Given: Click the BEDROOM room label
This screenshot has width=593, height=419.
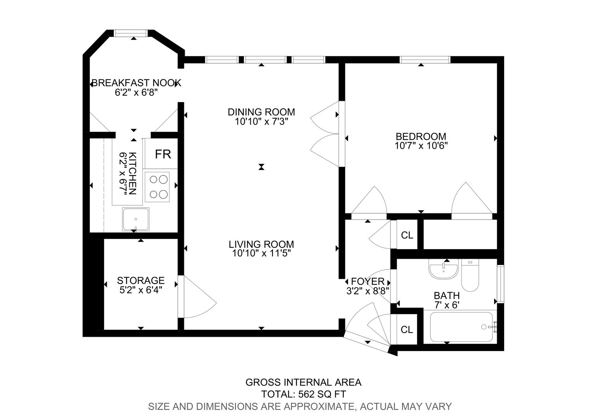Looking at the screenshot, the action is (421, 137).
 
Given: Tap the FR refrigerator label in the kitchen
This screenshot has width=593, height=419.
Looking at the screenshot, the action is (163, 154).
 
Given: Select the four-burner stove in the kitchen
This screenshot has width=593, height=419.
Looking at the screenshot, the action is (157, 187).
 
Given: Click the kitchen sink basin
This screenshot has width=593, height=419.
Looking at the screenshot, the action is (135, 219).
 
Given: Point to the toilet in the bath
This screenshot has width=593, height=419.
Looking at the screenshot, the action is (470, 275).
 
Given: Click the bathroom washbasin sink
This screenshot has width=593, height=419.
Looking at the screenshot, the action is (444, 268).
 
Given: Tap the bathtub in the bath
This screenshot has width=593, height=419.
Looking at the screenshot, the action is (461, 327).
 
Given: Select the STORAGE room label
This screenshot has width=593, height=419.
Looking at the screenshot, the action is (141, 280).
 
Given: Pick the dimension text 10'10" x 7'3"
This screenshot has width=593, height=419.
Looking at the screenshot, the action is (261, 122).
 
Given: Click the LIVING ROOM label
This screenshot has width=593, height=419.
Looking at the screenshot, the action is (261, 244).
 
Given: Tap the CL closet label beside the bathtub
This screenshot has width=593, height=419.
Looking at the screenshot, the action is (407, 330).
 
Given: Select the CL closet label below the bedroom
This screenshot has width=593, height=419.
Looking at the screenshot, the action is (407, 235).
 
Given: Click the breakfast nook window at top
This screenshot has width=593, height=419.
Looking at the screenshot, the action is (131, 33).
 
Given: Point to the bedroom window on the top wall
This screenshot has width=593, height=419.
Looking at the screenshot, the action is (425, 60).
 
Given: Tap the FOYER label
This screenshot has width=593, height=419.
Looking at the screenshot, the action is (368, 281).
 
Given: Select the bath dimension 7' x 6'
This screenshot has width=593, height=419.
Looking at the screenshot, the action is (447, 305).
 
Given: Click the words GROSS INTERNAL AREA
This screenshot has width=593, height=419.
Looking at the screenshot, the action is (303, 383).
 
